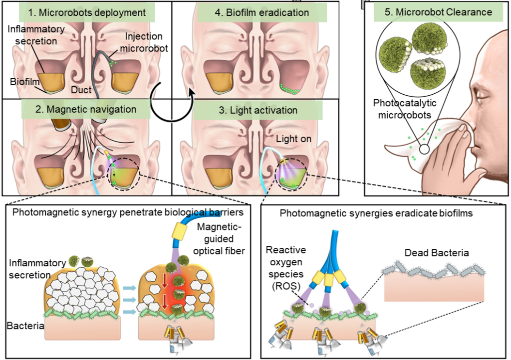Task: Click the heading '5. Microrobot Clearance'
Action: tap(436, 12)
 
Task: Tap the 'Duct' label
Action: tap(81, 90)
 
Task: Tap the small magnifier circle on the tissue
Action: tap(424, 149)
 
